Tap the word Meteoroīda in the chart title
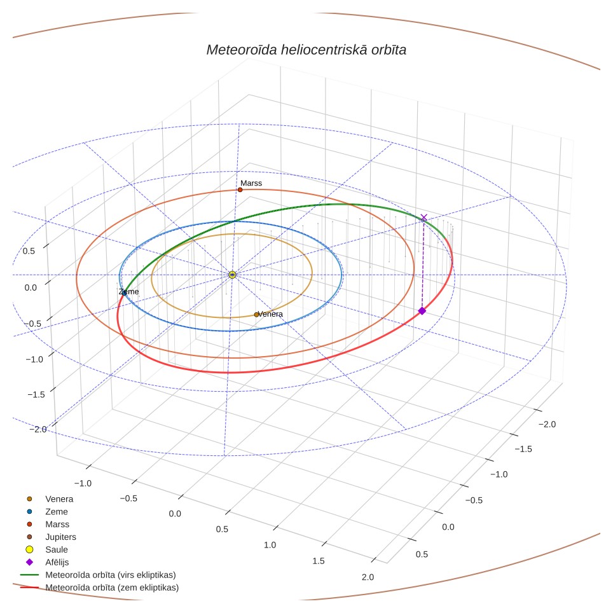(242, 50)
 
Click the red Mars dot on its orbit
(240, 190)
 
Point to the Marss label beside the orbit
(251, 183)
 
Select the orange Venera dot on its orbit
(256, 315)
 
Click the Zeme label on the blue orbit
(128, 292)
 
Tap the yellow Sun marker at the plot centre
(232, 275)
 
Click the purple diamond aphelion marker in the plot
(422, 311)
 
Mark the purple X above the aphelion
(424, 217)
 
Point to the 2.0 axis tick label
(368, 577)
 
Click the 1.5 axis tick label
(319, 561)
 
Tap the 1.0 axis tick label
(270, 545)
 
